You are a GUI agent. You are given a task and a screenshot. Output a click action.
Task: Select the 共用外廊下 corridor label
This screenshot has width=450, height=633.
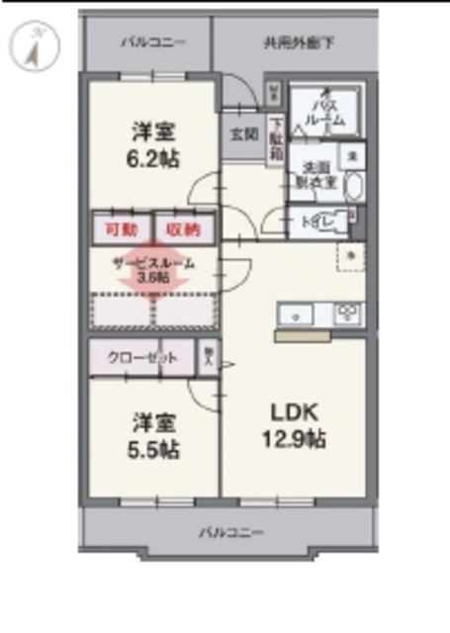coord(298,43)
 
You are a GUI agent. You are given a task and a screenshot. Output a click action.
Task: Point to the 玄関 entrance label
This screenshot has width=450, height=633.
coord(242,133)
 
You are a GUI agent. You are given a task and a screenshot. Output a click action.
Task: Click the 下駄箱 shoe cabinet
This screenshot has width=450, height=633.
coord(276,139)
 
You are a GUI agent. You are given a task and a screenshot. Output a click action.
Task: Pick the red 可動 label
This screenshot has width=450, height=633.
coord(121,229)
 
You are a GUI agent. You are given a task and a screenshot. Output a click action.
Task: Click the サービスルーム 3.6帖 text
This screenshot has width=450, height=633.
coord(153,270)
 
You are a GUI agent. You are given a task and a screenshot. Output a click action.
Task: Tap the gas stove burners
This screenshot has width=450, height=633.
coord(348,315)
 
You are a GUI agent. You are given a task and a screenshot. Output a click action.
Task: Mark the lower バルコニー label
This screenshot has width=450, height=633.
coord(228,532)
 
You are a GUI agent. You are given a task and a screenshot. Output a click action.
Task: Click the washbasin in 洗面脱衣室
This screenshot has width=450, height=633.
coord(354,188)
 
